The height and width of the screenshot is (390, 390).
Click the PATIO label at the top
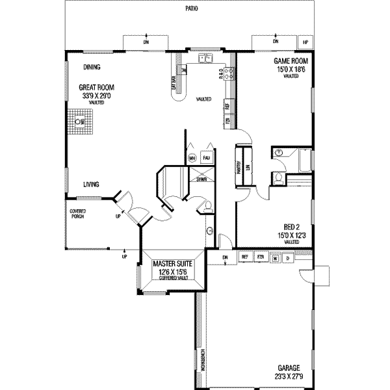[x=190, y=8]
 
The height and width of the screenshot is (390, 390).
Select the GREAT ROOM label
[x=97, y=87]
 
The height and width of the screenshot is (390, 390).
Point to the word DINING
[x=92, y=66]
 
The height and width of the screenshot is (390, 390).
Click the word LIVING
[x=91, y=185]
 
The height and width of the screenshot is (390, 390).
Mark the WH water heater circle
[x=192, y=158]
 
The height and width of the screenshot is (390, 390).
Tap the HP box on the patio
[x=306, y=42]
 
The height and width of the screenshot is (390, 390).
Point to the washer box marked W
[x=275, y=257]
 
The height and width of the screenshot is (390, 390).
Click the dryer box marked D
[x=286, y=257]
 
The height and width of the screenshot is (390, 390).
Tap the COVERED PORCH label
[x=78, y=214]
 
